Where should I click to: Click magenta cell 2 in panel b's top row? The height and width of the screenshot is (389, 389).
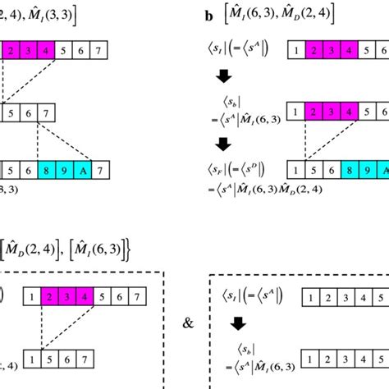click(313, 51)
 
